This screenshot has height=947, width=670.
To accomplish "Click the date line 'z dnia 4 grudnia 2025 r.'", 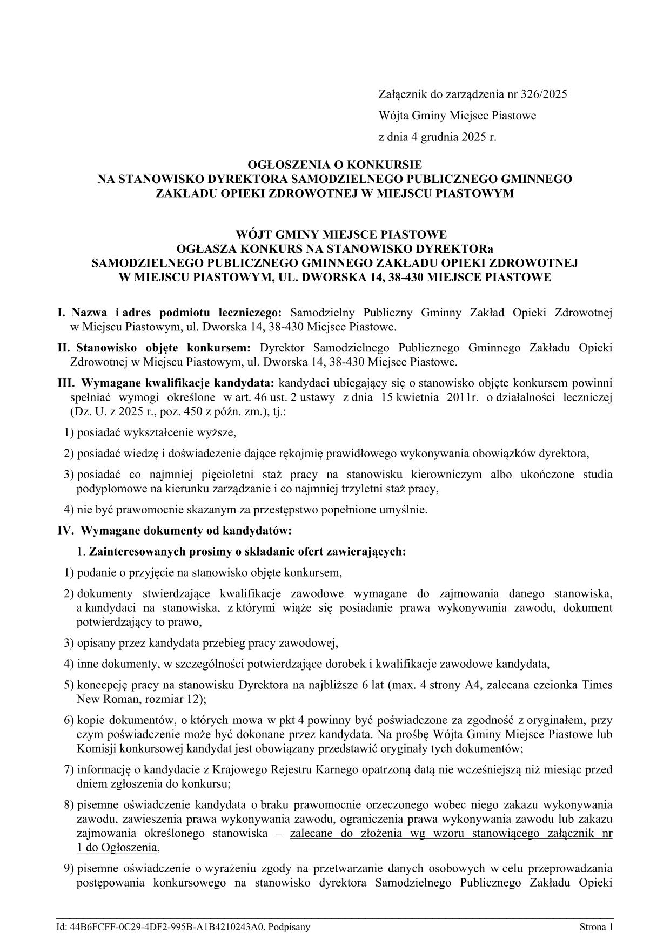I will (437, 137).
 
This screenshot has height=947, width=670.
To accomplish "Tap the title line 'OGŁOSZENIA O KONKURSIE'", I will (334, 164).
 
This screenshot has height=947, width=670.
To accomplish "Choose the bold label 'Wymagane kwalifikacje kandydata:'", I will (178, 383).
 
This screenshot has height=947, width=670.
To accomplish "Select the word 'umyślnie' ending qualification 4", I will (408, 509).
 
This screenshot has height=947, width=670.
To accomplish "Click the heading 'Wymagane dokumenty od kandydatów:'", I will (186, 531).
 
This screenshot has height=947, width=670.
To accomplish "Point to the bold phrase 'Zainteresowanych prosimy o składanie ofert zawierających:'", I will (247, 552).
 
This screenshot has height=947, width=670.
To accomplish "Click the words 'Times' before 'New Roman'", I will (597, 685).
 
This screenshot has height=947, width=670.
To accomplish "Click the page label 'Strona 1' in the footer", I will (597, 928).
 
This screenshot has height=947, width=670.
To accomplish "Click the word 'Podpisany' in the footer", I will (289, 928).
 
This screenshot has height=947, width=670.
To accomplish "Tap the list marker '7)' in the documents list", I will (69, 769).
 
